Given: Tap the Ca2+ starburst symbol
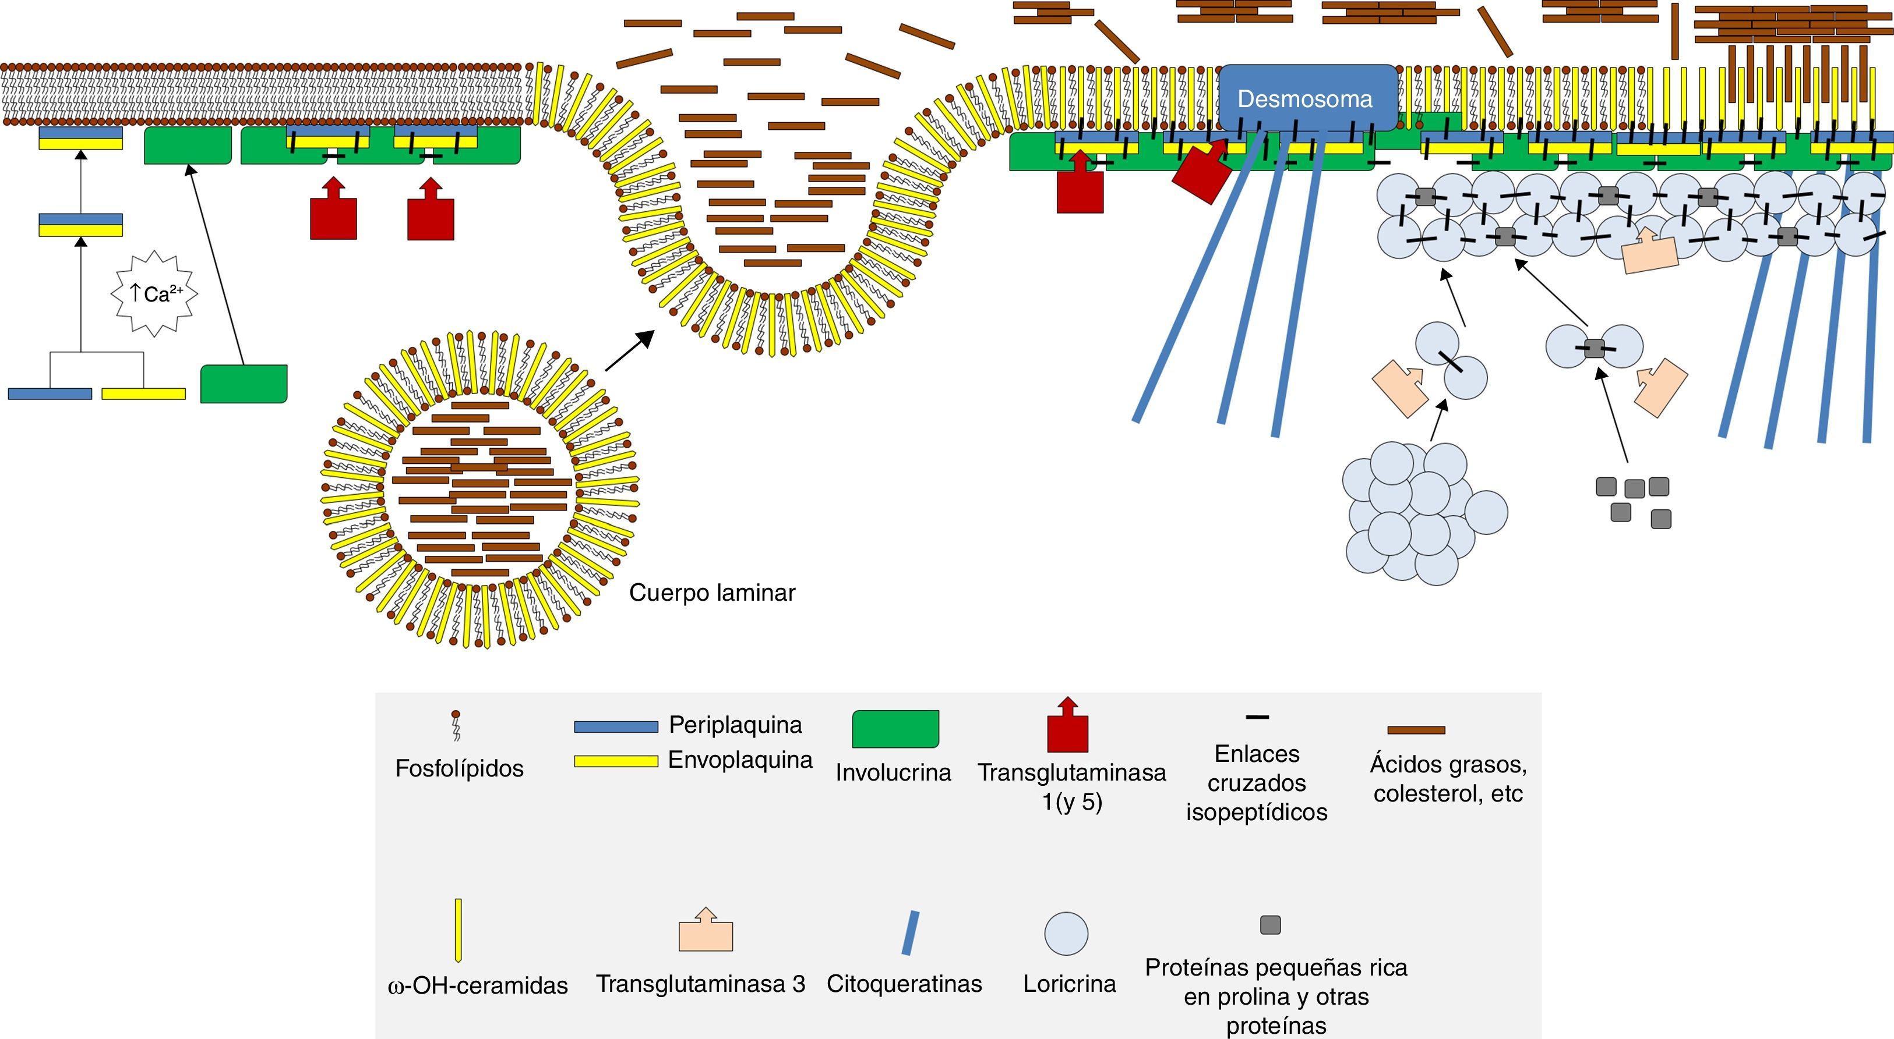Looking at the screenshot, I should (154, 294).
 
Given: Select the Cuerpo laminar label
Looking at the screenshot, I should (712, 592).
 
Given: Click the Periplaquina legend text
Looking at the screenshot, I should (735, 725).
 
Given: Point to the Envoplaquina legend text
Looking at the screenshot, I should (740, 759).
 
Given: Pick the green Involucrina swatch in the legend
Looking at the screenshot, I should (895, 729).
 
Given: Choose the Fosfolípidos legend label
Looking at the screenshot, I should (460, 768).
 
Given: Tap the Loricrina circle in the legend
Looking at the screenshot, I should (1066, 933).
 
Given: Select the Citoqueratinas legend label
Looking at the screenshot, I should (904, 983).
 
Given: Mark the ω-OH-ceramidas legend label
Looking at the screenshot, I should (477, 985).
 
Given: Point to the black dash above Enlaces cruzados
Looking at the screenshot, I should (1257, 717).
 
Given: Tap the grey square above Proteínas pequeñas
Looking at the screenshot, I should (1271, 924).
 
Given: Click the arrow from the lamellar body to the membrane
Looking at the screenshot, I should (629, 351).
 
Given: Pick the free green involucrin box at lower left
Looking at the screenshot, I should (244, 384).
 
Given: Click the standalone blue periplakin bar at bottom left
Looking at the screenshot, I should (50, 394).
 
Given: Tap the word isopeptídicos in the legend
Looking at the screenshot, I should (1257, 812).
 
